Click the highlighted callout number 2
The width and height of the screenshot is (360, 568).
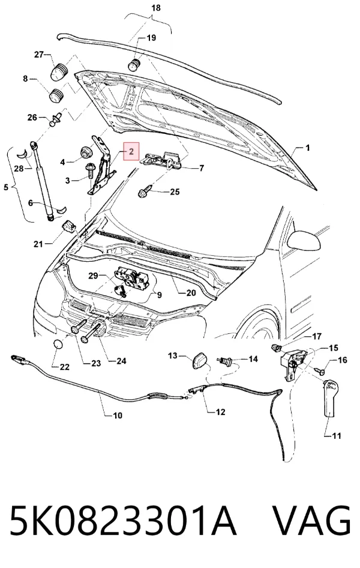(131, 151)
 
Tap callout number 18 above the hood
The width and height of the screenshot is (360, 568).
(156, 8)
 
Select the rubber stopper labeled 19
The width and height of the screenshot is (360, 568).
(134, 65)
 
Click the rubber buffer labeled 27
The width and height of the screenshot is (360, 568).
(58, 71)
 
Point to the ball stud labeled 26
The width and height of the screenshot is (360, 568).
(56, 119)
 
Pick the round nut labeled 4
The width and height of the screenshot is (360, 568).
(86, 152)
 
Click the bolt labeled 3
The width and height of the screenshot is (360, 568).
(89, 171)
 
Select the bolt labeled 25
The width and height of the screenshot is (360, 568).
(145, 192)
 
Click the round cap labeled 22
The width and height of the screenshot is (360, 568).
(58, 344)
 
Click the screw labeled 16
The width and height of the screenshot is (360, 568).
(319, 370)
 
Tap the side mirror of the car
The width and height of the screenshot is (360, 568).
(304, 240)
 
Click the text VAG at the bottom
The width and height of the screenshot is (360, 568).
(311, 519)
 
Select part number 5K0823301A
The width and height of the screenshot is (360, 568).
(123, 519)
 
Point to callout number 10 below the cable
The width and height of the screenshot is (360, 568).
(118, 415)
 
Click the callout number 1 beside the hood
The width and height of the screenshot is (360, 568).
(308, 148)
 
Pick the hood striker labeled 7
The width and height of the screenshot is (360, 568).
(163, 160)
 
